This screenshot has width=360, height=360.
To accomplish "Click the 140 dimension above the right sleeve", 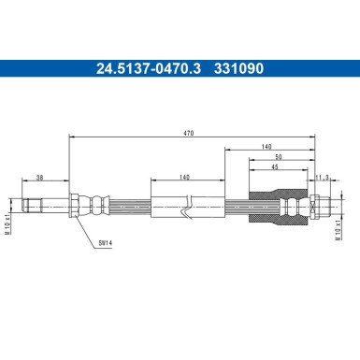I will [x=267, y=146].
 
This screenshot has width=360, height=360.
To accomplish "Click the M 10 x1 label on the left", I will [x=9, y=204].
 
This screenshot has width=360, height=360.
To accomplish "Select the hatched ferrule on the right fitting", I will [x=295, y=204].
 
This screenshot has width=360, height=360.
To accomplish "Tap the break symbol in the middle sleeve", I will [x=190, y=205].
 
